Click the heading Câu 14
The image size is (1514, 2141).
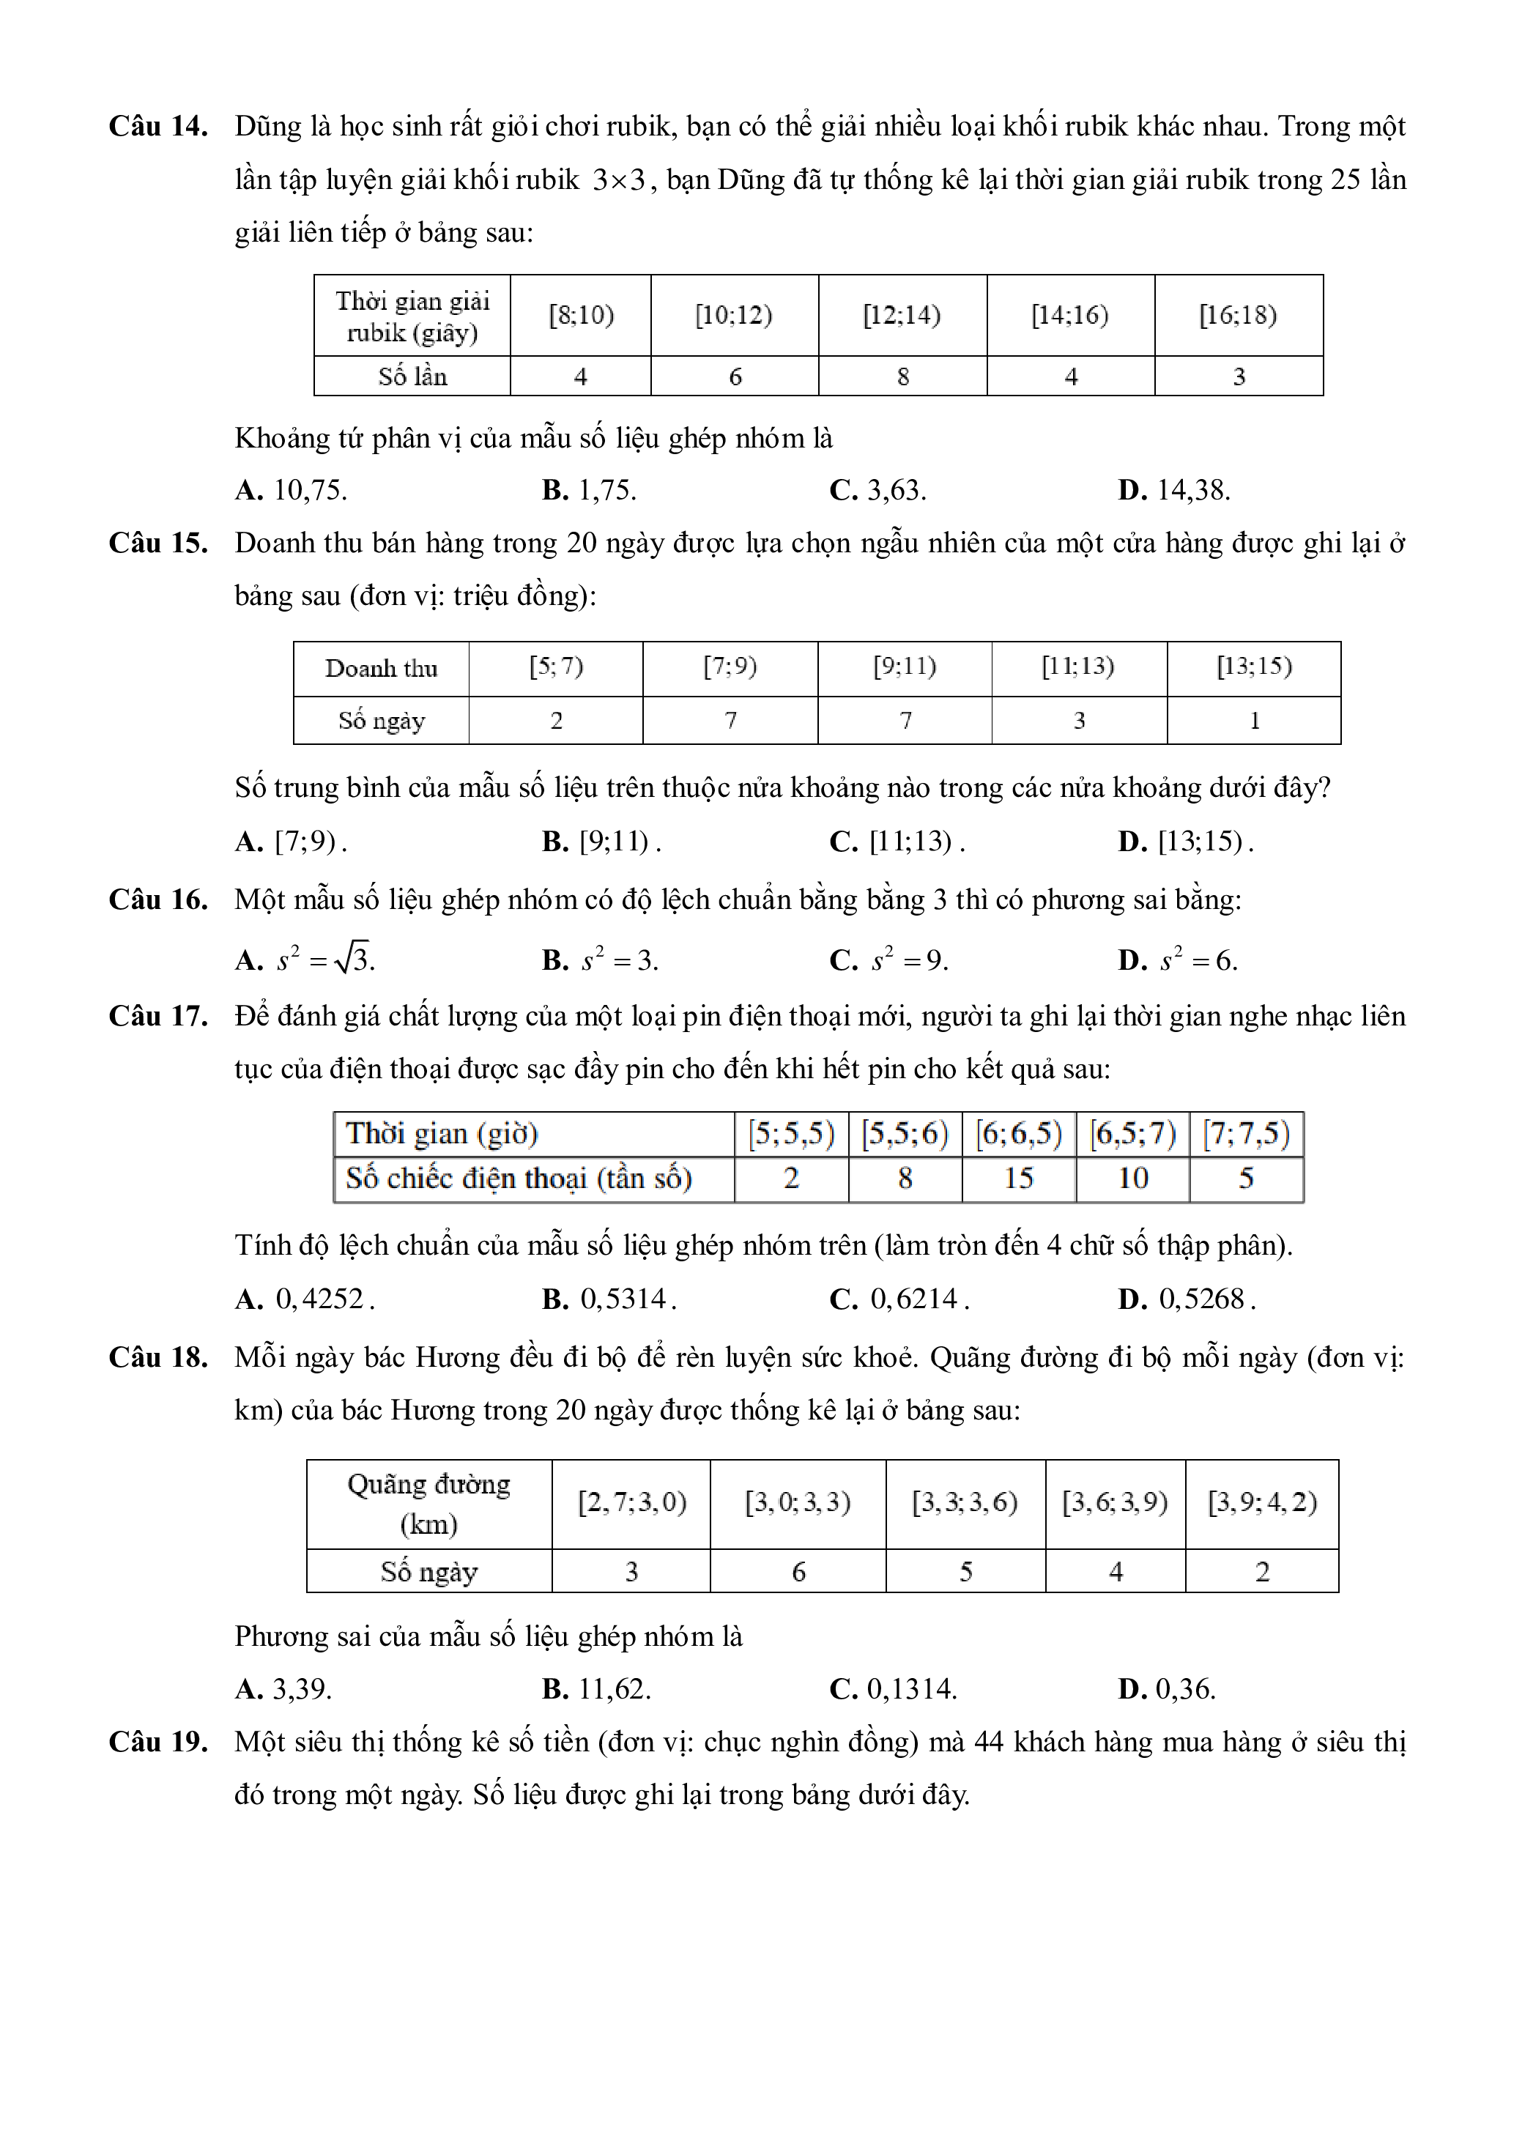157,126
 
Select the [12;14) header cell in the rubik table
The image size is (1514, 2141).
902,315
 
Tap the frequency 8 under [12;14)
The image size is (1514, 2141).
902,376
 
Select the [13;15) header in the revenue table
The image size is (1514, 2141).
1254,667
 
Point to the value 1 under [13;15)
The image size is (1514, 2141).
1254,721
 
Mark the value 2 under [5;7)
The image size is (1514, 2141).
556,721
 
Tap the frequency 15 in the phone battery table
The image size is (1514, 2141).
1018,1179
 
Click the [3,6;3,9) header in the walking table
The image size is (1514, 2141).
1115,1502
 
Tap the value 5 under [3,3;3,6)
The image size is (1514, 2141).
966,1572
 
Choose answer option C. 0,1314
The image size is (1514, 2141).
893,1689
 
